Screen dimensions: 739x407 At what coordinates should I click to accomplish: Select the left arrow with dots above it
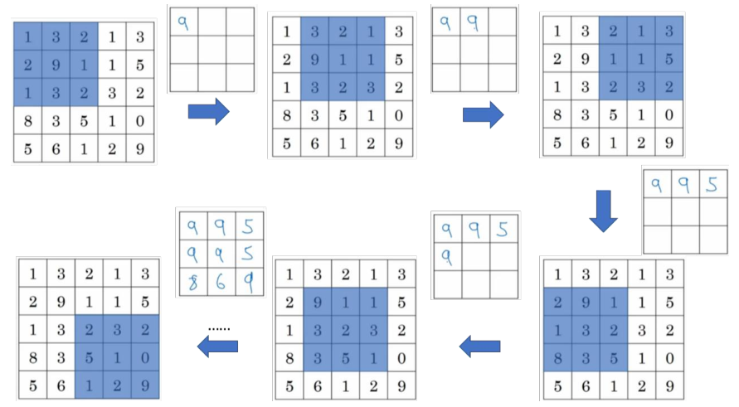218,347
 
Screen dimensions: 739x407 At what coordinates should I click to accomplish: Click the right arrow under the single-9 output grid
208,111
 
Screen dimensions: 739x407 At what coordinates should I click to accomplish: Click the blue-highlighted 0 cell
144,357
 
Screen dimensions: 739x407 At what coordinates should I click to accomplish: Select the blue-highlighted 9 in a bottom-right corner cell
144,385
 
